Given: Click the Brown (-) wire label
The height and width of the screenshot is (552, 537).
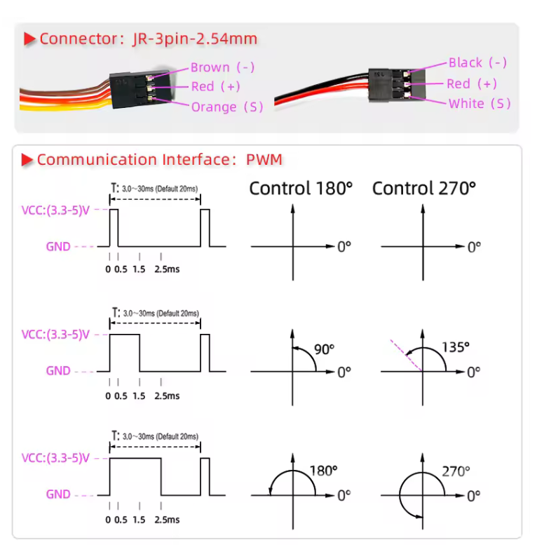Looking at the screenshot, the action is point(222,67).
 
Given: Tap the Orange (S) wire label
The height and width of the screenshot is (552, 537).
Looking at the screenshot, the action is point(227,107).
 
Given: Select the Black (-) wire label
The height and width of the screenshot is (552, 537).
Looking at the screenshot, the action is point(477,62).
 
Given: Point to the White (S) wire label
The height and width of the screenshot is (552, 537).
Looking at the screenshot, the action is point(480,104).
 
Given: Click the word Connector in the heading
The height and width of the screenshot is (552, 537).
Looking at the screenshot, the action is point(78,39).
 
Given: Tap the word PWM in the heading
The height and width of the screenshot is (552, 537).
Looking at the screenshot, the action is point(264,159).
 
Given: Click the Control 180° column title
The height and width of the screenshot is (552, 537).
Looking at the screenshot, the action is point(301,189).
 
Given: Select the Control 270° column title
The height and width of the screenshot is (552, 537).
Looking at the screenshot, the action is point(424,189).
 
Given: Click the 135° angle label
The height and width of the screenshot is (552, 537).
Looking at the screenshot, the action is point(456,347).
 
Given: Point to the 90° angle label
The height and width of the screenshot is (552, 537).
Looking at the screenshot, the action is point(324,349).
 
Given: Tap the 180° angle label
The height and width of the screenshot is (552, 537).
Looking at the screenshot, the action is point(323,471).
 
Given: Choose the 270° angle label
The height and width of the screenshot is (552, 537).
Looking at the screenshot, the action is point(456,471).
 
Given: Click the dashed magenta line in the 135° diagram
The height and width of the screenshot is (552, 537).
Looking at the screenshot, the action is point(406,356).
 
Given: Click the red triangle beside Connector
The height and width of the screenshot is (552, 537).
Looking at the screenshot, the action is point(30,39).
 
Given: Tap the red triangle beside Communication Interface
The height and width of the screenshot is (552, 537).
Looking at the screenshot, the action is point(27,160).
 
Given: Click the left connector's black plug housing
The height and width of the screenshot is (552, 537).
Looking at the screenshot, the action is point(140,88).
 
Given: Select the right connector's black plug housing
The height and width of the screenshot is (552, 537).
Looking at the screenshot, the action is point(397,86).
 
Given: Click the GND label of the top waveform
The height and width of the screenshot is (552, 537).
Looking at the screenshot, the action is point(58,246).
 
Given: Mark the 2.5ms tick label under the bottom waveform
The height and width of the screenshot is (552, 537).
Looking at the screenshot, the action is point(167,520).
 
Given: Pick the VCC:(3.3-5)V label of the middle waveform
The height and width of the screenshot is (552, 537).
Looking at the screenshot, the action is point(55,335).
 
